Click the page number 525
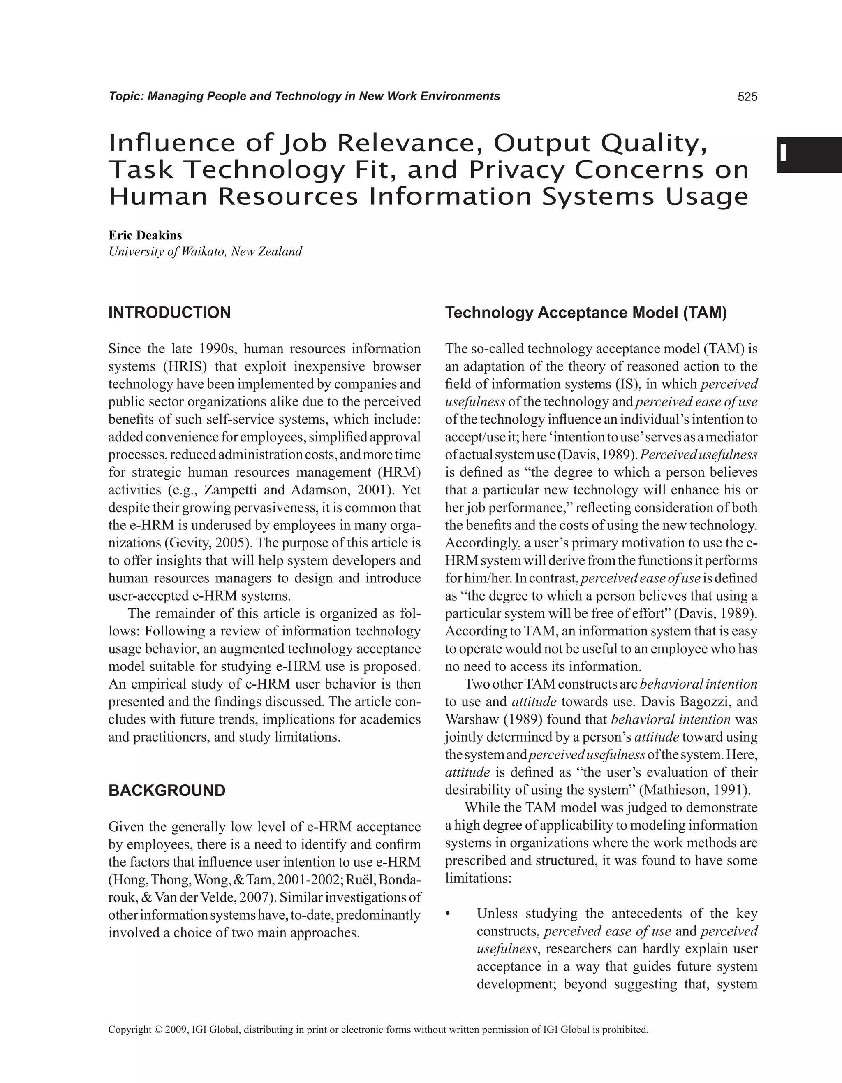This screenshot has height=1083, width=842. [747, 97]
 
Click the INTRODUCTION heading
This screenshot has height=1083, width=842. [169, 313]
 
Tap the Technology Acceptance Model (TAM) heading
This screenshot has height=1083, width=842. [586, 313]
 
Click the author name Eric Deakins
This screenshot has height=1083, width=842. [145, 235]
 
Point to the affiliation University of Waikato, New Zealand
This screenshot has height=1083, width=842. [205, 251]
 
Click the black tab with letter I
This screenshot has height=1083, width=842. [808, 155]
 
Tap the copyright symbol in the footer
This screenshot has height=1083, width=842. [158, 1030]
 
